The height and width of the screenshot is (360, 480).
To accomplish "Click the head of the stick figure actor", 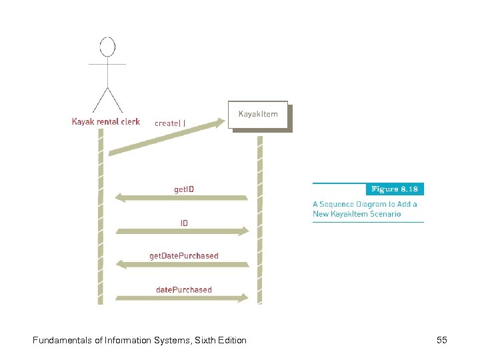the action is coord(107,47).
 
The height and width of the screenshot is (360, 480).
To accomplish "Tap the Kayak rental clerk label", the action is coord(106,122).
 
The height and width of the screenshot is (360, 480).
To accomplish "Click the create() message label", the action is coord(171,123).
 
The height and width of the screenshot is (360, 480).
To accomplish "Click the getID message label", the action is coord(184,189).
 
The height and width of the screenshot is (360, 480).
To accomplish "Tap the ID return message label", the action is coord(184,223).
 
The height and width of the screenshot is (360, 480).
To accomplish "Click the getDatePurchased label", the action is coord(183,255).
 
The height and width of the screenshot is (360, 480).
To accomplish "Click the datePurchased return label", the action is coord(184,289).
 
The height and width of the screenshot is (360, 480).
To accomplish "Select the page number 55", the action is coord(441,341).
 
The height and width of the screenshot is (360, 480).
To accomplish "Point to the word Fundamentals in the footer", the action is coord(62,341).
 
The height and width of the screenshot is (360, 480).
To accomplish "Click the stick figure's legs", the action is coord(107,98).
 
